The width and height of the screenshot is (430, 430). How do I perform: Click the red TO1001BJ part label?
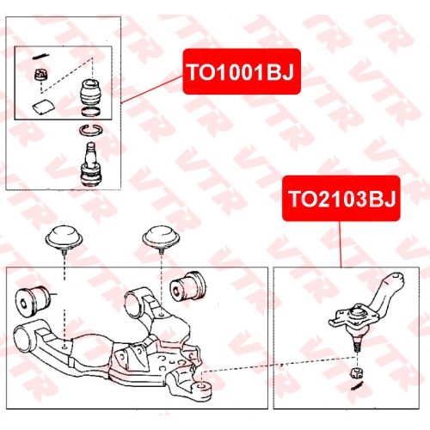tap(242, 71)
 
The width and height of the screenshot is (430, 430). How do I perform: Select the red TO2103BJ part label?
tap(341, 199)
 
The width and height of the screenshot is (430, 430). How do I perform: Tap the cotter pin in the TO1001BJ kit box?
tap(40, 56)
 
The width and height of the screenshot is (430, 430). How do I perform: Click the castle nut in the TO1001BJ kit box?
tap(41, 75)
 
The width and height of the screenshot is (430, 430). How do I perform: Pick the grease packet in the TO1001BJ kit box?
tap(43, 107)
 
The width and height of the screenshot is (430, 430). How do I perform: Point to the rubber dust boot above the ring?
tap(90, 92)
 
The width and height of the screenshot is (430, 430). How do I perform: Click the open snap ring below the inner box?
tap(91, 130)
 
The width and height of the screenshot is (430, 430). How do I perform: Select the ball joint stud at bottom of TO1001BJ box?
tap(91, 164)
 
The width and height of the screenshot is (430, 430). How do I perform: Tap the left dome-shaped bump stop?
tap(64, 237)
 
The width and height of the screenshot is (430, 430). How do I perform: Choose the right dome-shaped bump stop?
tap(161, 237)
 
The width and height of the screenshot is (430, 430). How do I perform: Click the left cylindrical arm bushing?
tap(34, 300)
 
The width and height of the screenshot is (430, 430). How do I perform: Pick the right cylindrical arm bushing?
tap(187, 286)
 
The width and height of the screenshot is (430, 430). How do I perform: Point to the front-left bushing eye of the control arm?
tap(24, 339)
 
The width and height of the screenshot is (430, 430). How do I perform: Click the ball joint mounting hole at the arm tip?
tap(202, 385)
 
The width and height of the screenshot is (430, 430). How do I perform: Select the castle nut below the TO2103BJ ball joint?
tap(357, 372)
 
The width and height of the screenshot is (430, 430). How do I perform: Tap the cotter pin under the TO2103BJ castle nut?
tap(358, 385)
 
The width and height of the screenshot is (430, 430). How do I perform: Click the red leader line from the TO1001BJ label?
tap(152, 89)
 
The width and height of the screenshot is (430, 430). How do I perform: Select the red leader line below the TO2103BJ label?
tap(341, 244)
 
